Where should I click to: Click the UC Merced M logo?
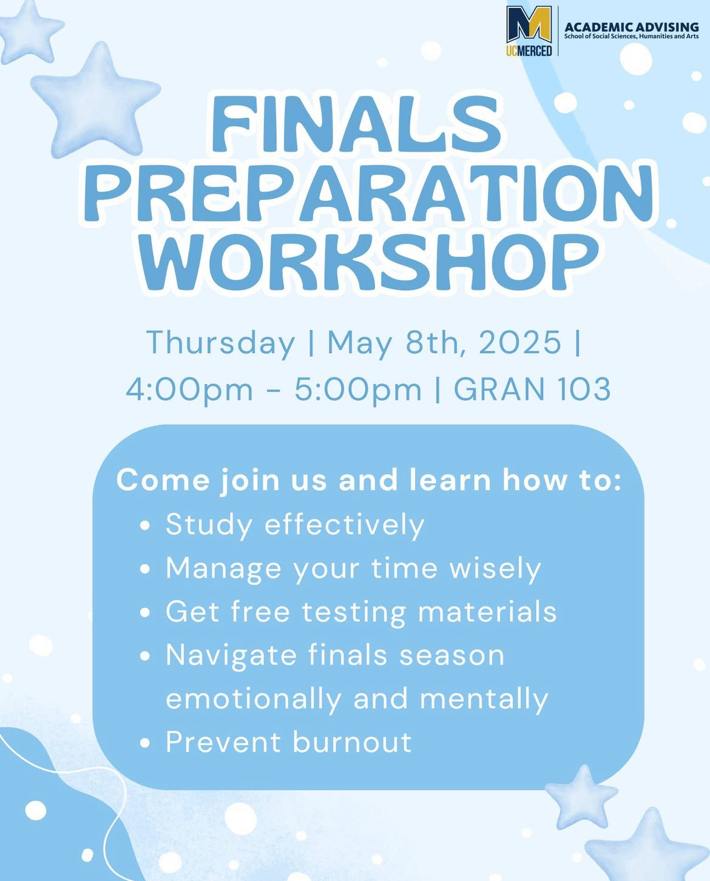(x=529, y=31)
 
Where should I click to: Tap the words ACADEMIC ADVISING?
(x=631, y=27)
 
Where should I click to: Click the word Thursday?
(x=221, y=343)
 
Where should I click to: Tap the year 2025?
(x=520, y=342)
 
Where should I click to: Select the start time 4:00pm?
(x=189, y=389)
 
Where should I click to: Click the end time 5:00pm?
(x=358, y=389)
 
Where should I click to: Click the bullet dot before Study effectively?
(x=145, y=525)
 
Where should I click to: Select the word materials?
(x=487, y=612)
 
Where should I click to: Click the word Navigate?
(x=231, y=656)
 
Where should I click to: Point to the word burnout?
(x=353, y=742)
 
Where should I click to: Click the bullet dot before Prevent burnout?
(x=145, y=743)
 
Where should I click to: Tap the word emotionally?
(x=254, y=699)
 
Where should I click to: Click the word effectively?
(x=344, y=525)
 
